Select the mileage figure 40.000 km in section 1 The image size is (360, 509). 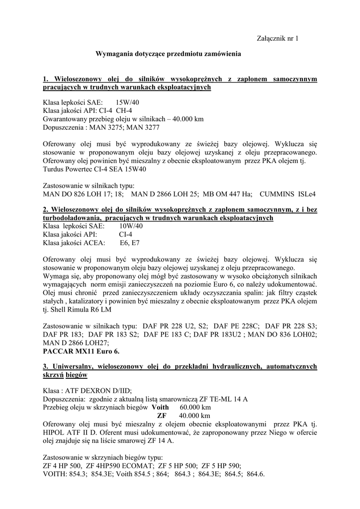pyautogui.click(x=186, y=119)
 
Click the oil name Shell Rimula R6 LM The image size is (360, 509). pyautogui.click(x=82, y=310)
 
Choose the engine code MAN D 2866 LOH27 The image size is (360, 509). pyautogui.click(x=71, y=343)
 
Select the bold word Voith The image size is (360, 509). pyautogui.click(x=160, y=407)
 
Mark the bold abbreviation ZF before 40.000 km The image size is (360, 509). pyautogui.click(x=162, y=415)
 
